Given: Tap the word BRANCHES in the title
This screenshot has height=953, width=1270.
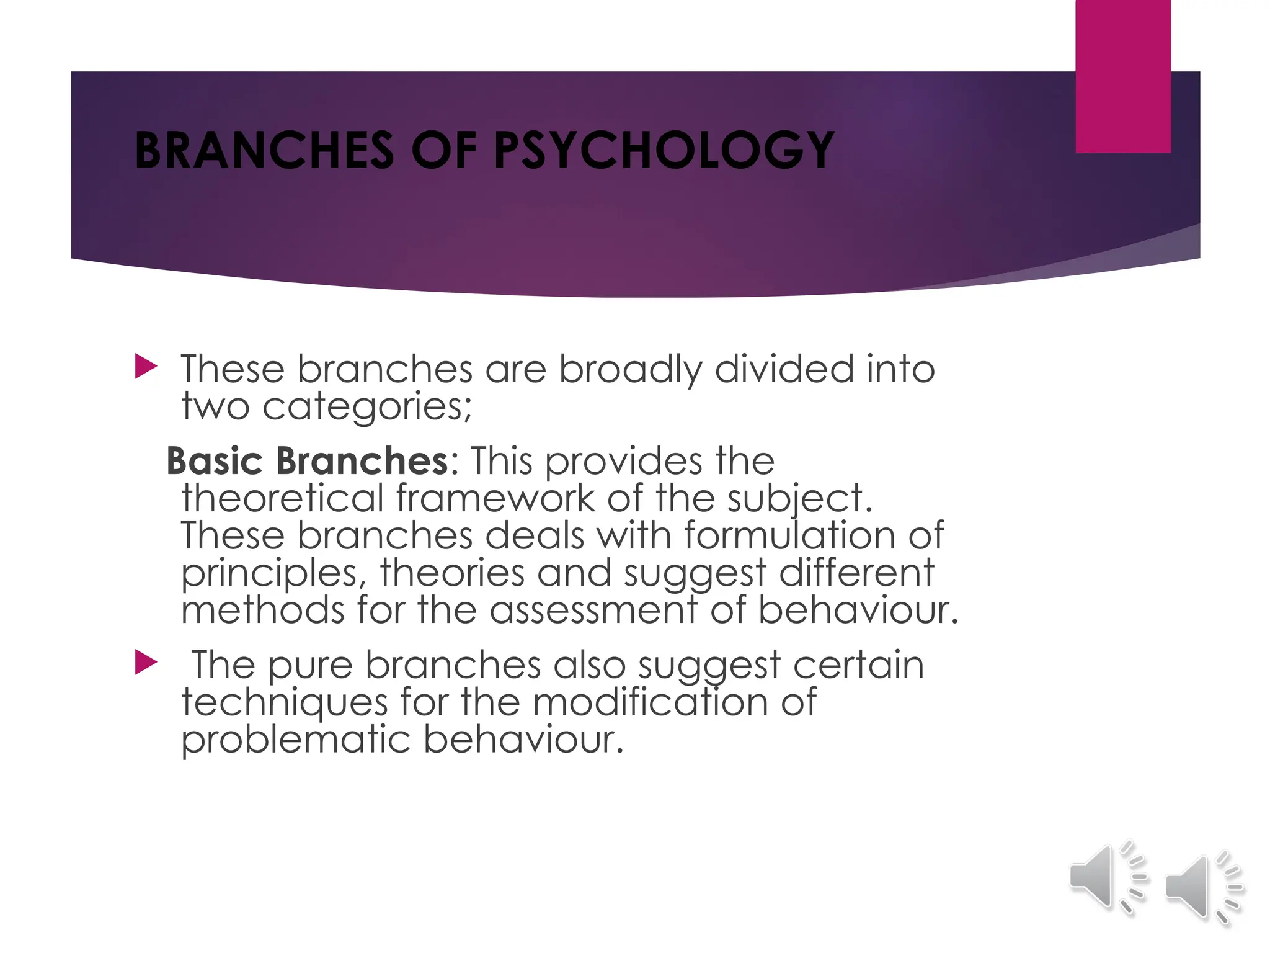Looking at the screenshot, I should [x=264, y=151].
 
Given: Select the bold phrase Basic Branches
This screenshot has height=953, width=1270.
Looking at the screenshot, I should [x=307, y=461].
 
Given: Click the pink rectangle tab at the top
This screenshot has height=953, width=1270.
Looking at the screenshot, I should [x=1122, y=76].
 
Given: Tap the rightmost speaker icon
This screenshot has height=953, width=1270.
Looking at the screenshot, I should [x=1203, y=887].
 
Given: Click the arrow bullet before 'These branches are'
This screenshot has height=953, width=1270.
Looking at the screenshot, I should [x=146, y=367].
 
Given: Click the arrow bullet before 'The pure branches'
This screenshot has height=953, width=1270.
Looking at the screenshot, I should [x=146, y=663].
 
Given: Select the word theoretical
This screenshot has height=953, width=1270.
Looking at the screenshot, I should [x=282, y=498].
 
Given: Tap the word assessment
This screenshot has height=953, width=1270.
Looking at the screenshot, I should [x=593, y=610].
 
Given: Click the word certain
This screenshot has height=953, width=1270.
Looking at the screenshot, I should [x=858, y=664].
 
